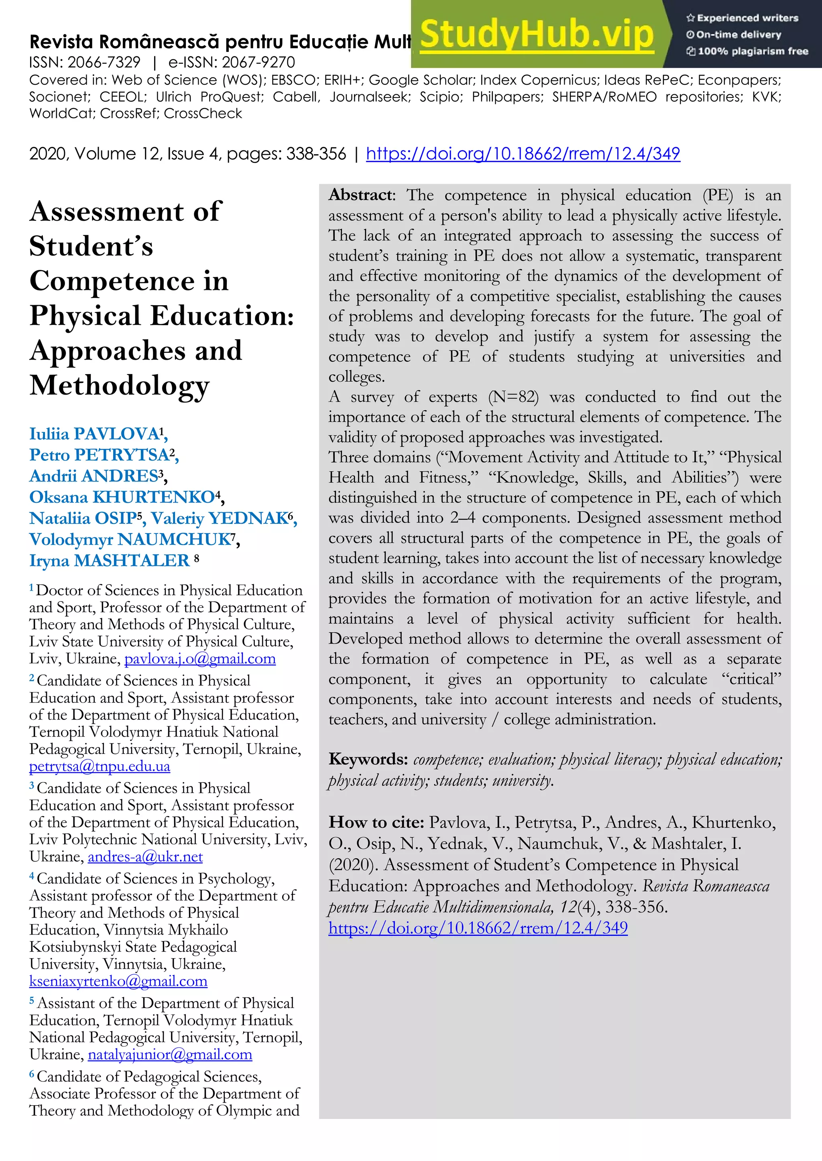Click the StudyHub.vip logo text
click(537, 35)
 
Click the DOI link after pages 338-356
click(523, 153)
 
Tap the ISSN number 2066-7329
click(104, 62)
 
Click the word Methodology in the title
click(120, 386)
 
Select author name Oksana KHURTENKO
click(122, 497)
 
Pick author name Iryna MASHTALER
click(109, 560)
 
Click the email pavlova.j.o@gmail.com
click(200, 659)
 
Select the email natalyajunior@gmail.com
click(170, 1054)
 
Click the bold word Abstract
click(361, 195)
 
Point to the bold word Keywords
click(368, 759)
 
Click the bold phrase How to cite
click(376, 822)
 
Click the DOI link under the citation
click(478, 928)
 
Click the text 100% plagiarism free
click(753, 51)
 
